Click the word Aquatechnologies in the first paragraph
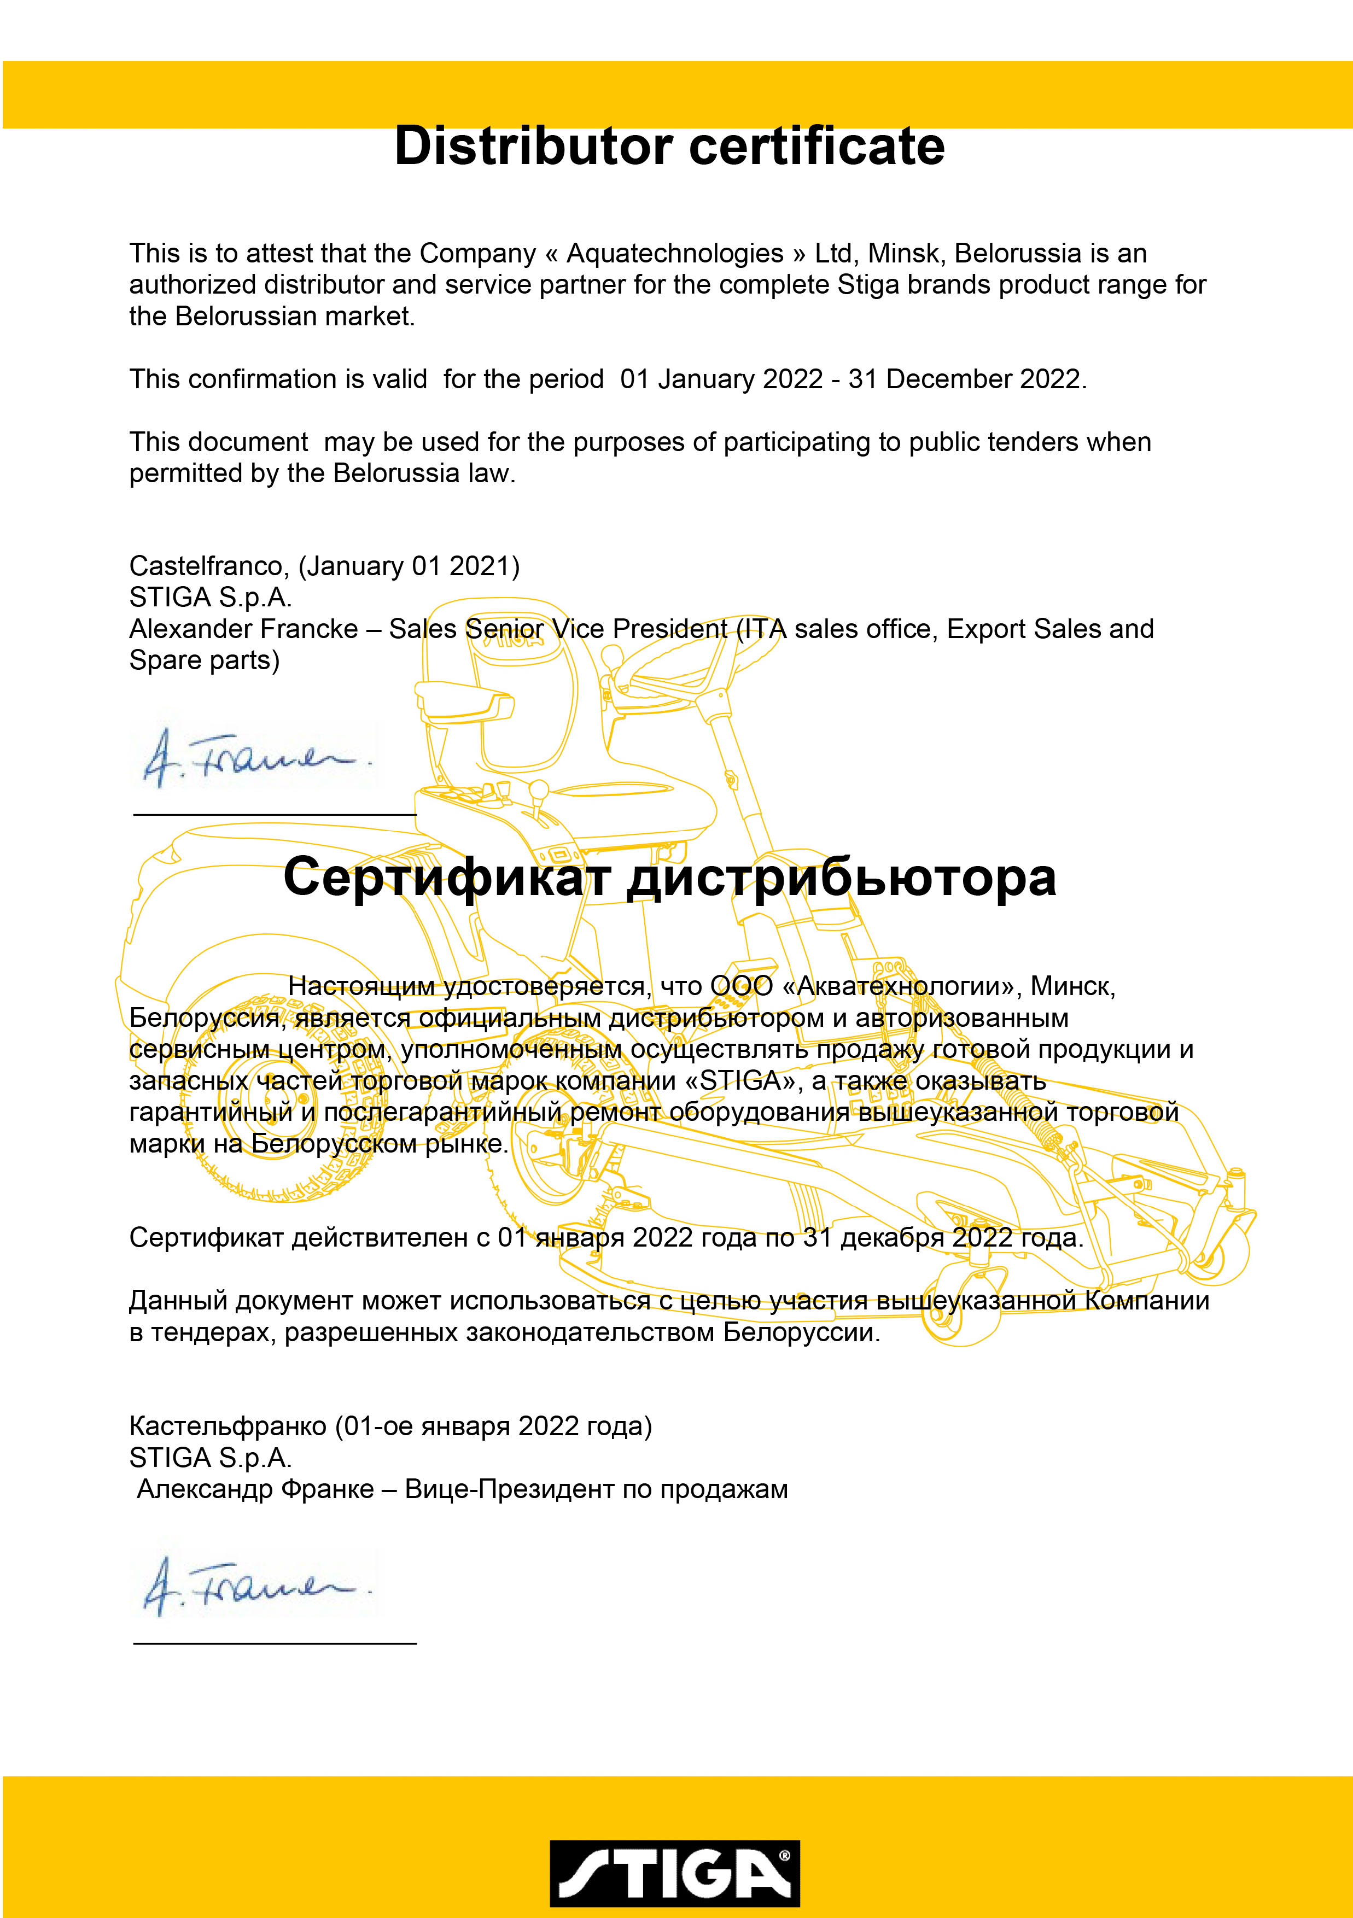[x=675, y=253]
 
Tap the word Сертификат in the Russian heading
[x=447, y=878]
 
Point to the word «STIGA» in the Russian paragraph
[x=739, y=1081]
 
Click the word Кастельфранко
[x=228, y=1426]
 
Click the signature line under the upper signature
[x=275, y=814]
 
